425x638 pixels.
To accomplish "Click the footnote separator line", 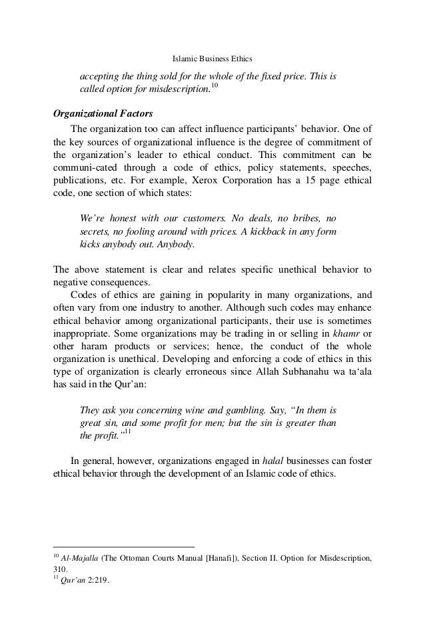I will coord(123,545).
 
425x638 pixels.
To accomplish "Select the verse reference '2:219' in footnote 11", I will coord(97,581).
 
